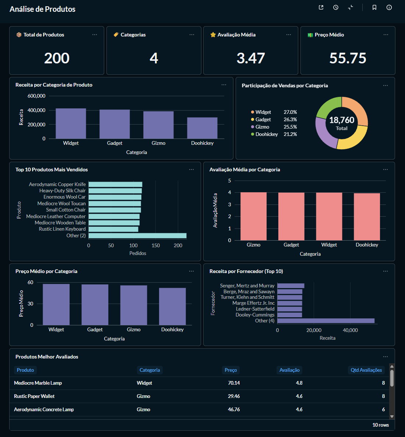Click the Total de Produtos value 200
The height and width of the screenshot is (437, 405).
click(57, 58)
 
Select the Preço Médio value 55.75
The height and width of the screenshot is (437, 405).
click(348, 58)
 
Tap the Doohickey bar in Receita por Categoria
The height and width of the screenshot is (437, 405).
click(202, 128)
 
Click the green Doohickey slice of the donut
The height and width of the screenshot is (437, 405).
click(328, 107)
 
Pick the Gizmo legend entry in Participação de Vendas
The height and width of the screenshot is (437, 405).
click(262, 127)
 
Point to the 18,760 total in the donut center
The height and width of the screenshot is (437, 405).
click(342, 120)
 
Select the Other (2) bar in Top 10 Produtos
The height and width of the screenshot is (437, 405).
click(137, 235)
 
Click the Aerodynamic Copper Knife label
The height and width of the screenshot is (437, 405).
click(57, 184)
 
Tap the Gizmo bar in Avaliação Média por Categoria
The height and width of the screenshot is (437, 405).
click(253, 216)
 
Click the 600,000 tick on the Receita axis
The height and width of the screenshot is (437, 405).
click(36, 96)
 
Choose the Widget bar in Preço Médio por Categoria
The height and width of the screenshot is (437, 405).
click(56, 304)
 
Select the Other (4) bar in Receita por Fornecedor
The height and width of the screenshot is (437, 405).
click(326, 321)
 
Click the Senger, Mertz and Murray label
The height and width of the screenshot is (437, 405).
click(247, 286)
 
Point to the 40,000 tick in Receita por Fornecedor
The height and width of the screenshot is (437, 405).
click(350, 330)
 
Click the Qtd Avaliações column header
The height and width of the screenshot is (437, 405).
click(366, 370)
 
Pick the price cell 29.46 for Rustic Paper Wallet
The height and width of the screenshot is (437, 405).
click(234, 396)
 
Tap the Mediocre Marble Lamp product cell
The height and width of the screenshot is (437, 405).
click(38, 383)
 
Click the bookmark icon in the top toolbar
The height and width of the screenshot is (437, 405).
click(374, 7)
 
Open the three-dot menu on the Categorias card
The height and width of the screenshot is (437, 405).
click(192, 35)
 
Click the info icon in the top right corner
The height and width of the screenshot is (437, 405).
click(389, 7)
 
